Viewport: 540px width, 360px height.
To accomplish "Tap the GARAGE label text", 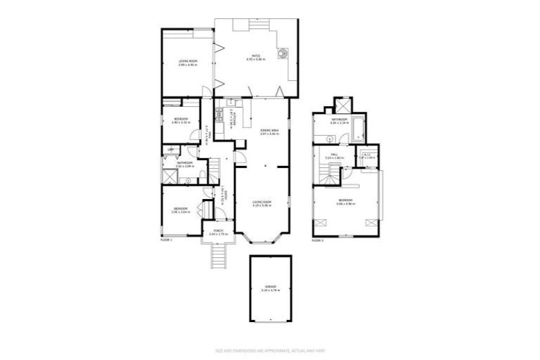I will (x=270, y=286).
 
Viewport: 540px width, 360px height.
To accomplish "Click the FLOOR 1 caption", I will (x=166, y=240).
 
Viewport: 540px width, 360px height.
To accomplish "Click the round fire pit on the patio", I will (x=283, y=53).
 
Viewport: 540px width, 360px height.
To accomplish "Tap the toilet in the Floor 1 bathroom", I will (x=202, y=176).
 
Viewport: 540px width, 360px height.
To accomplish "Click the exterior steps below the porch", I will (x=219, y=257).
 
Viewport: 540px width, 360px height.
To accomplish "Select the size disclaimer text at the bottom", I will (x=270, y=350).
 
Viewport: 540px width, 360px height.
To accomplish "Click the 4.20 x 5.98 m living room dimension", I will (x=262, y=205).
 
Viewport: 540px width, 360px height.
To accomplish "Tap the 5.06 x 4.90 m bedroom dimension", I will (x=345, y=204).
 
